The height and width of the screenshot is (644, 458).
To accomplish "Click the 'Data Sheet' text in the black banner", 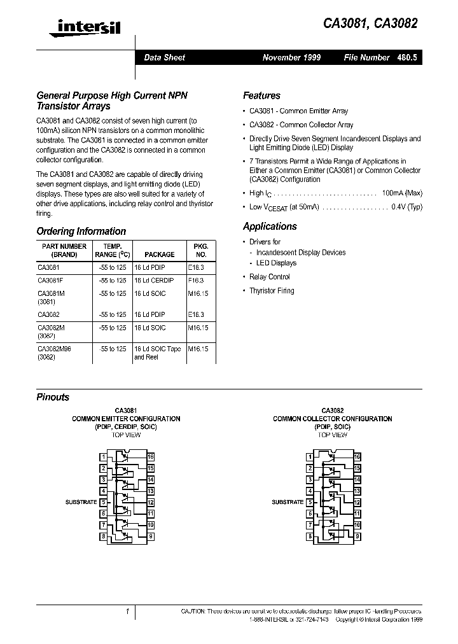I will pyautogui.click(x=164, y=57).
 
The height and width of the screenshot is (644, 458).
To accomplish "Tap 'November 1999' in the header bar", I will pyautogui.click(x=291, y=57).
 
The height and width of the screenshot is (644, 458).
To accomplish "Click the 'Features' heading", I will pyautogui.click(x=261, y=95).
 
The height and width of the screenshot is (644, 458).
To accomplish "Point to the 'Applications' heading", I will pyautogui.click(x=270, y=227).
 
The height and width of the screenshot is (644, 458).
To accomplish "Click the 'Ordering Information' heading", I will pyautogui.click(x=81, y=232).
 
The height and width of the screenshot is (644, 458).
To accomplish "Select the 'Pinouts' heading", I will pyautogui.click(x=53, y=397).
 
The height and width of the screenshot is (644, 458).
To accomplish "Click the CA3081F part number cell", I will pyautogui.click(x=51, y=280).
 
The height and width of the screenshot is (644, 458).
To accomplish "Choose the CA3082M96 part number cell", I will pyautogui.click(x=56, y=349).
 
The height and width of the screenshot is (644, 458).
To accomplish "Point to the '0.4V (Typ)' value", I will pyautogui.click(x=406, y=206).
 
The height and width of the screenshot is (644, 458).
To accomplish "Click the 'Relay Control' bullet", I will pyautogui.click(x=270, y=277).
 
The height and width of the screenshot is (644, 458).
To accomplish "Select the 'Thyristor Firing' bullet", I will pyautogui.click(x=272, y=291).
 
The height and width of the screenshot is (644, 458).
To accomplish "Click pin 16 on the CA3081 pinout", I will pyautogui.click(x=151, y=456).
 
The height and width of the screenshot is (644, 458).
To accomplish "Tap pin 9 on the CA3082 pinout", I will pyautogui.click(x=357, y=536).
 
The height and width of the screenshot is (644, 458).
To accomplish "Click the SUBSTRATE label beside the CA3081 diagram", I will pyautogui.click(x=81, y=502).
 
